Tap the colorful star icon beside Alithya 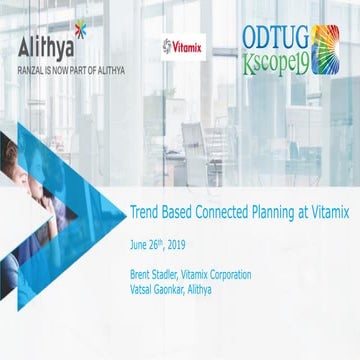coord(80,30)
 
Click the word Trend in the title coord(146,212)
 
